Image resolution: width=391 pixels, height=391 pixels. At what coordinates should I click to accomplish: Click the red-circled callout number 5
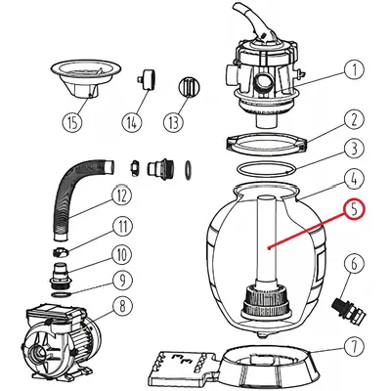(354, 211)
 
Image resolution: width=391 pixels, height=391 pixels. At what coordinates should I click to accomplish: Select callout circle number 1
(355, 70)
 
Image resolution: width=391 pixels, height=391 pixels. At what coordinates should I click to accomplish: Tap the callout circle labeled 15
(72, 122)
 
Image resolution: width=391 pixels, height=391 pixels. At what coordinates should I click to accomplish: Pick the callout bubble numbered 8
(123, 305)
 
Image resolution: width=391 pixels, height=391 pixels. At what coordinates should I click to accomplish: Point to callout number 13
(174, 122)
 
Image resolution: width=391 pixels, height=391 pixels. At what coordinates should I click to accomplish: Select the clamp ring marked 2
(266, 144)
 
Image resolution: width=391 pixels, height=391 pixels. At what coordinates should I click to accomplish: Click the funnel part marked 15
(86, 79)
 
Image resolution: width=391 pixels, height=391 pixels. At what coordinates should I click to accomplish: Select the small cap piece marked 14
(146, 79)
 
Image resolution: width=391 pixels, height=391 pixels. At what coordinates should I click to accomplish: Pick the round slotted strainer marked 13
(189, 86)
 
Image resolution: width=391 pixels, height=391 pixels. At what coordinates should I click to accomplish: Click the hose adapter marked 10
(60, 275)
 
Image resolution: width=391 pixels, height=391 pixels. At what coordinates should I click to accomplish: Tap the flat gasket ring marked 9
(60, 294)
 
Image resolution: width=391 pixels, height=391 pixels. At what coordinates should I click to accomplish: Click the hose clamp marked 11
(62, 252)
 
